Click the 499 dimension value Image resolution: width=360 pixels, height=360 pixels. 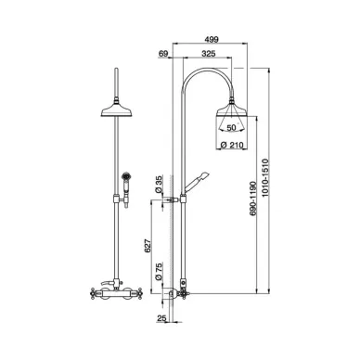click(x=212, y=39)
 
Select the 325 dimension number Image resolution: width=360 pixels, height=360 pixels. click(x=209, y=54)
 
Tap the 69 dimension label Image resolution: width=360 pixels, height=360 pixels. click(x=163, y=54)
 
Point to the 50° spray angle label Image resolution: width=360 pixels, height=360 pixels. click(x=231, y=127)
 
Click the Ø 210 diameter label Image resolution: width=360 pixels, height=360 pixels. click(x=233, y=145)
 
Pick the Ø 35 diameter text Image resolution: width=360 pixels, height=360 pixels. click(x=158, y=185)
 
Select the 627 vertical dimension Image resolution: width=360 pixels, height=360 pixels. click(x=148, y=246)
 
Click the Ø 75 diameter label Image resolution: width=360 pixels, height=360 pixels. click(x=158, y=272)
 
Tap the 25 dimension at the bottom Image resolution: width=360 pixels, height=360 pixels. click(x=161, y=317)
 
